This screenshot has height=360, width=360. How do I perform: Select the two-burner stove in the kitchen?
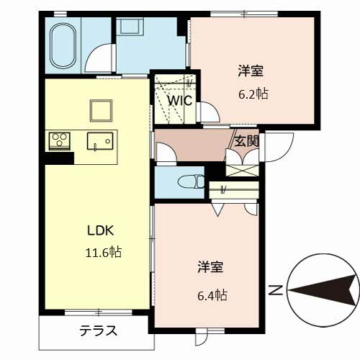[x=58, y=140]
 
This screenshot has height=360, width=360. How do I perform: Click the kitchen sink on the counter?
[x=96, y=141]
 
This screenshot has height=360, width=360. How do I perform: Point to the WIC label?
[x=180, y=101]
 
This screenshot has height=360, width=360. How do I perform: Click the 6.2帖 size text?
[x=251, y=94]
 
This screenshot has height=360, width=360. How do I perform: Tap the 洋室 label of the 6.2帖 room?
[x=251, y=71]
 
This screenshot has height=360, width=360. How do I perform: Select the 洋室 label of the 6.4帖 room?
[x=211, y=268]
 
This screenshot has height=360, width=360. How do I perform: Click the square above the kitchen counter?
[x=99, y=110]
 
